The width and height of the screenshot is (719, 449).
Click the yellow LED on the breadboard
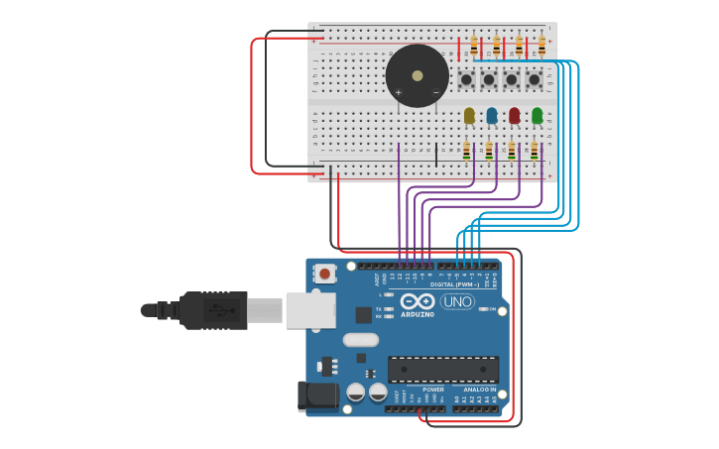pyautogui.click(x=469, y=116)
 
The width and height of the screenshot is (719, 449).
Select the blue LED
pyautogui.click(x=492, y=116)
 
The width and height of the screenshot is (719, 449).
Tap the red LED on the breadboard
pyautogui.click(x=514, y=116)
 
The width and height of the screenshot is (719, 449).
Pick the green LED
pyautogui.click(x=537, y=116)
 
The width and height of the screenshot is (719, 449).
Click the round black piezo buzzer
pyautogui.click(x=417, y=76)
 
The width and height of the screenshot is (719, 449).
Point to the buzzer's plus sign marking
pyautogui.click(x=399, y=92)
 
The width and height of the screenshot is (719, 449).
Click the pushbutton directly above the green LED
pyautogui.click(x=535, y=79)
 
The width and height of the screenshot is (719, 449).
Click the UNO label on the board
pyautogui.click(x=457, y=301)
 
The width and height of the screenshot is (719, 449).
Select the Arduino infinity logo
pyautogui.click(x=419, y=301)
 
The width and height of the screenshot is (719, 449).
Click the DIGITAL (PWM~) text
pyautogui.click(x=454, y=284)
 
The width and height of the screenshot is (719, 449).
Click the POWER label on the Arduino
pyautogui.click(x=433, y=390)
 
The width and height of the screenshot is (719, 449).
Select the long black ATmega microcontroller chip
pyautogui.click(x=443, y=369)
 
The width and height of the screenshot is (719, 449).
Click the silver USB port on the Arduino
pyautogui.click(x=310, y=309)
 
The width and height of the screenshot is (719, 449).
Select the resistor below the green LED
pyautogui.click(x=535, y=151)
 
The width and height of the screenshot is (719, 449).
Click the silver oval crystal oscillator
pyautogui.click(x=361, y=340)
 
